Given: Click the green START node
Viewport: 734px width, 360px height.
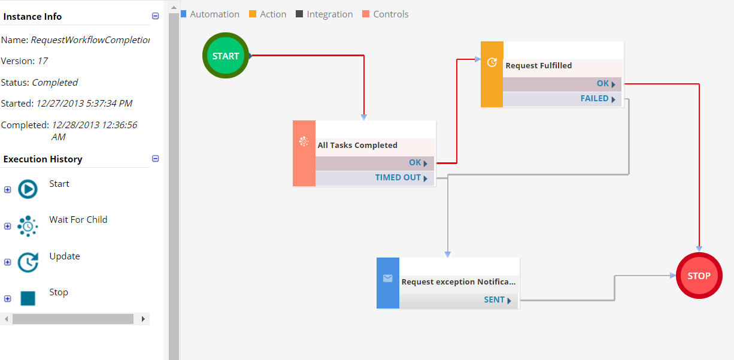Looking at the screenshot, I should (225, 56).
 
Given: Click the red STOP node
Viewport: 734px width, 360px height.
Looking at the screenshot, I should (699, 276).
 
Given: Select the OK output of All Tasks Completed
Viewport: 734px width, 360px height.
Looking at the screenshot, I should (375, 163).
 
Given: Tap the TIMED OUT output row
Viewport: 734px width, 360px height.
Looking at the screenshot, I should (375, 178).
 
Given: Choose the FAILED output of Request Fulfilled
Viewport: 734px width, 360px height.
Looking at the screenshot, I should (562, 99).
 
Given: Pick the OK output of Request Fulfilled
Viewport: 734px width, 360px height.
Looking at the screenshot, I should (562, 84).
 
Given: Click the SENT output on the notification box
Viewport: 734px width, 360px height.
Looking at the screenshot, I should (459, 300).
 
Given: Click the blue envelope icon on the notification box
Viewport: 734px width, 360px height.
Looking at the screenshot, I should (388, 279).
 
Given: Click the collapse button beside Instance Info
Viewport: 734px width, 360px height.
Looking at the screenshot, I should (156, 17).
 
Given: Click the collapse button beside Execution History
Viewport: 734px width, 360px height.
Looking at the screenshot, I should (156, 159).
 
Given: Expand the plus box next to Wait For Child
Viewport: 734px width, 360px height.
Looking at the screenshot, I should (8, 226).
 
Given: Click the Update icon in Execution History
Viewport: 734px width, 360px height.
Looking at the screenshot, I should (28, 262).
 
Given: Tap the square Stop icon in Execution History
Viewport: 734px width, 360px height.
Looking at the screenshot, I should (28, 298).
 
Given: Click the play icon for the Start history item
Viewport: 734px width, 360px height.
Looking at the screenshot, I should (28, 189).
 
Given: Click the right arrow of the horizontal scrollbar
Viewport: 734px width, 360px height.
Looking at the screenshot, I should (143, 319).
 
